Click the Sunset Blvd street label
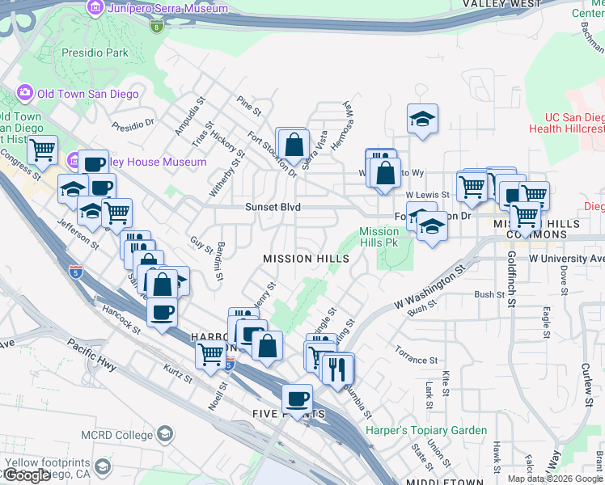[x=273, y=208]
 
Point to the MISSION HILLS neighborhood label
[x=306, y=259]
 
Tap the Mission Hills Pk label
[x=379, y=237]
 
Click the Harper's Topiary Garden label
[x=426, y=431]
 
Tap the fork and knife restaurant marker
[x=336, y=369]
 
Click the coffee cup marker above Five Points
[x=297, y=399]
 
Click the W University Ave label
[x=566, y=259]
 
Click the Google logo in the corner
[x=26, y=475]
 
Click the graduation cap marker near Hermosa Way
[x=422, y=120]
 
